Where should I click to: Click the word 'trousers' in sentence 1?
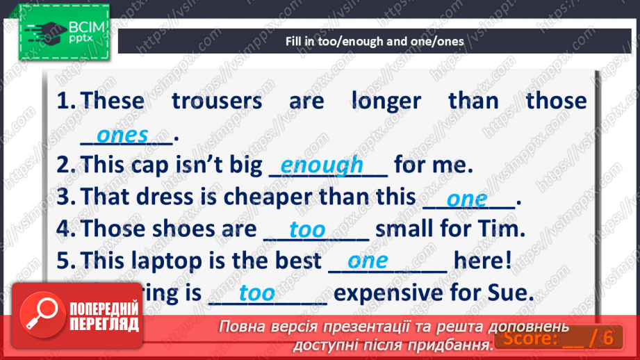(217, 101)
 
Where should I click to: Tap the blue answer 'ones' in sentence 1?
(122, 135)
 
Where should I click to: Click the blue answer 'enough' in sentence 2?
(322, 165)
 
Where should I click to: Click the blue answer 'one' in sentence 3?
(467, 199)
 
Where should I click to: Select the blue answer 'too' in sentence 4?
(307, 229)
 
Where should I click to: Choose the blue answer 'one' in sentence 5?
(368, 261)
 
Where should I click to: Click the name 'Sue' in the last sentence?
(512, 293)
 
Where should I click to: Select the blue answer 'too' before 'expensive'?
(257, 293)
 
